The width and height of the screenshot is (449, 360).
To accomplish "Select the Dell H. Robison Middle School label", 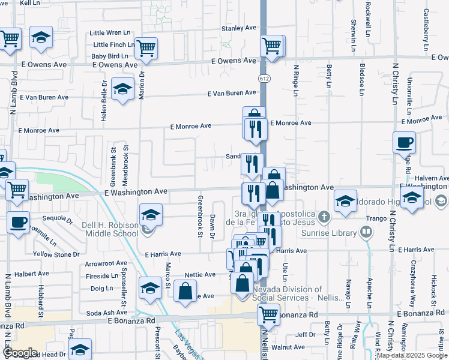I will coord(110,231).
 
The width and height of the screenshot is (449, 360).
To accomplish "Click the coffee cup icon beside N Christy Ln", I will coord(404,142).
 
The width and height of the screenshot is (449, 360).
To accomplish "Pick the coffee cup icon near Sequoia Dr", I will coord(18,222).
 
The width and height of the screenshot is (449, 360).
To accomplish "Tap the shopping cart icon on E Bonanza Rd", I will coord(268,313).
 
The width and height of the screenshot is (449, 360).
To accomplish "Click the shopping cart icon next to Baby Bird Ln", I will coord(146,47).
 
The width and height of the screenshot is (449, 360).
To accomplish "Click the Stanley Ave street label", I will coord(239,28).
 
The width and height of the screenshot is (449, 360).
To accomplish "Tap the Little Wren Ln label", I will coord(110,32).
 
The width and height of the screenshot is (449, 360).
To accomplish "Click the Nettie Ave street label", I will coord(200,275).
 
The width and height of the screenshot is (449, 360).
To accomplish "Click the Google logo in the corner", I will coord(19,353).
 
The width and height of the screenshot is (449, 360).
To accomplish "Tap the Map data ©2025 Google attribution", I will coord(412,356).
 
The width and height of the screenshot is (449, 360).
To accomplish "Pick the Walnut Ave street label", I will coord(288,347).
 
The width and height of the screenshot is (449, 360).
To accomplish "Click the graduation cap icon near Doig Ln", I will coord(150,288).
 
